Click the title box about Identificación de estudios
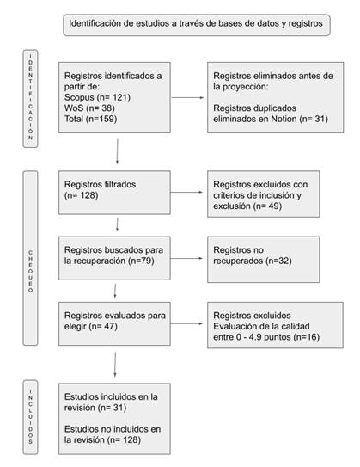pyautogui.click(x=197, y=25)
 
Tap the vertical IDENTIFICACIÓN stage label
pyautogui.click(x=30, y=98)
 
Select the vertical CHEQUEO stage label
pyautogui.click(x=30, y=258)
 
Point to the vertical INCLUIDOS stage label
pyautogui.click(x=30, y=417)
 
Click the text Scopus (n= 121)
pyautogui.click(x=97, y=97)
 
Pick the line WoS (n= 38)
pyautogui.click(x=89, y=108)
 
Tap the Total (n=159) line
pyautogui.click(x=91, y=119)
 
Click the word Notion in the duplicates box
pyautogui.click(x=284, y=119)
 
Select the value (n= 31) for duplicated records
pyautogui.click(x=314, y=119)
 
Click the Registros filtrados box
pyautogui.click(x=114, y=193)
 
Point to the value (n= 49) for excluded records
pyautogui.click(x=267, y=206)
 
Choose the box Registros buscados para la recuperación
pyautogui.click(x=114, y=258)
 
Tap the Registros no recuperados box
pyautogui.click(x=263, y=259)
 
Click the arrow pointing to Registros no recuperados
pyautogui.click(x=186, y=258)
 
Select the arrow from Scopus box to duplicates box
pyautogui.click(x=188, y=97)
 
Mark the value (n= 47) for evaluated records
pyautogui.click(x=102, y=326)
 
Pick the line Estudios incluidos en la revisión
pyautogui.click(x=111, y=402)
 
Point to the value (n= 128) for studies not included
pyautogui.click(x=124, y=439)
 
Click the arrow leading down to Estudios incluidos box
pyautogui.click(x=115, y=365)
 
